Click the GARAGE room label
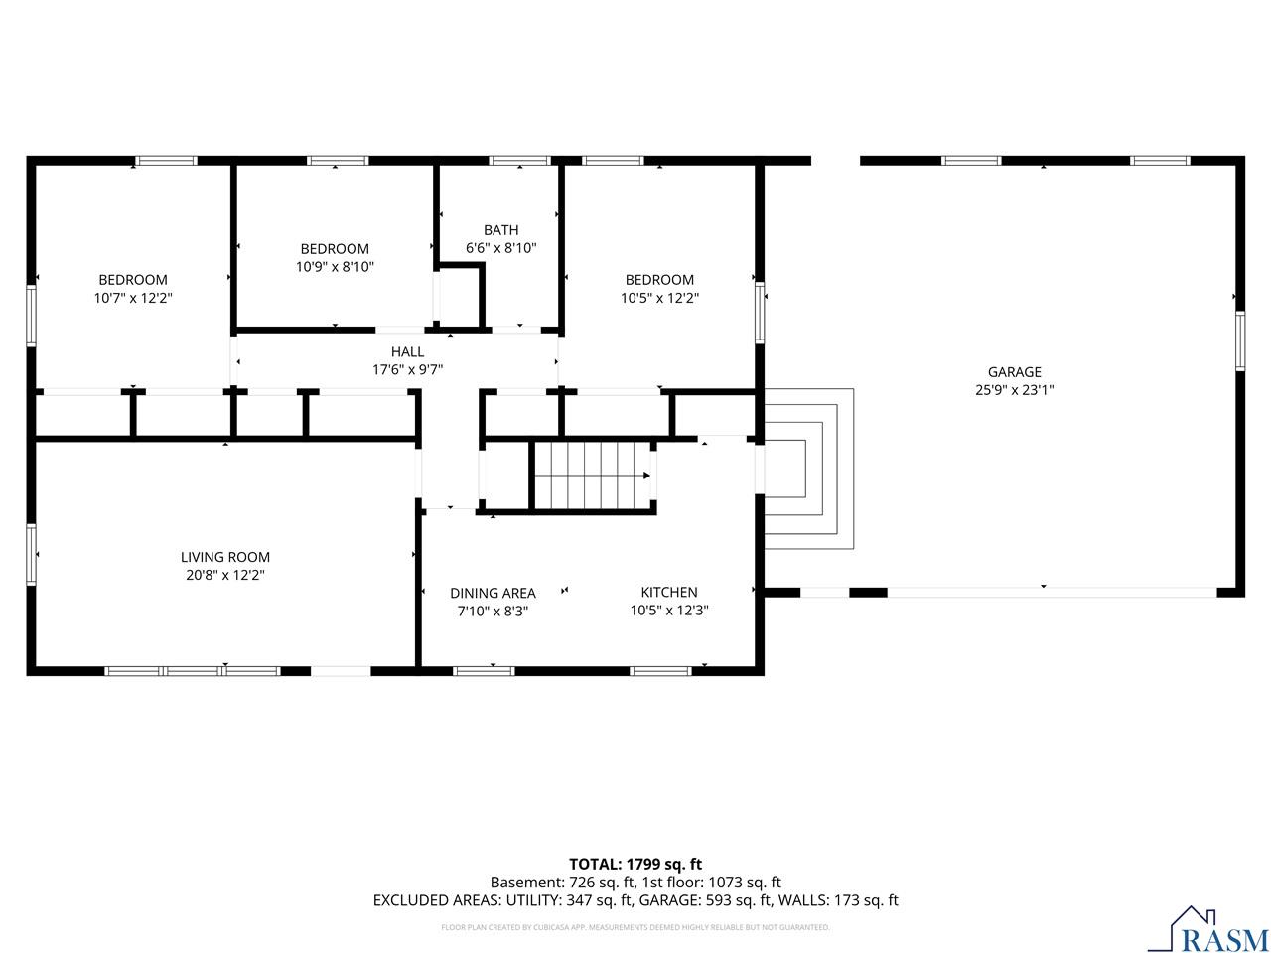(1014, 372)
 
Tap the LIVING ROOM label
(225, 557)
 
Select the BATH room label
(500, 230)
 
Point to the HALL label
(407, 351)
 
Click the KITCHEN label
(669, 592)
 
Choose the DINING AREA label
(493, 593)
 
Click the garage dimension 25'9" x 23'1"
(1014, 390)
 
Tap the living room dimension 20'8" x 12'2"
(225, 575)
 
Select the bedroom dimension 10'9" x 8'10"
(335, 267)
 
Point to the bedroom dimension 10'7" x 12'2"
(133, 298)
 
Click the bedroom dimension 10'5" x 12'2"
(659, 298)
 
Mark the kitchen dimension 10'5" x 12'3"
(669, 611)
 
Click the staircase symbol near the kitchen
(593, 476)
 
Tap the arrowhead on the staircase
(646, 476)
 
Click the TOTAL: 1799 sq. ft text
(635, 864)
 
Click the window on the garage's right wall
(1240, 340)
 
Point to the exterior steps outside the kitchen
(809, 469)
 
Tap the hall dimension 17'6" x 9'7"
(407, 369)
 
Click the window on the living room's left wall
(31, 554)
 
